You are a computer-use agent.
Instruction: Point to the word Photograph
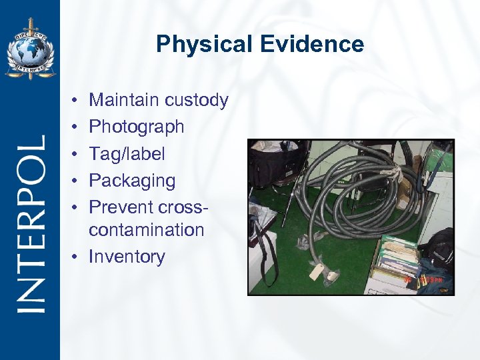[136, 127]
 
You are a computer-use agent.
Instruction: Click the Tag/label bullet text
[127, 154]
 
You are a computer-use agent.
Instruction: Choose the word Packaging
[132, 181]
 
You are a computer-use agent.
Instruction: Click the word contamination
[146, 230]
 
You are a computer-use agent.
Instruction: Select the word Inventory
[127, 257]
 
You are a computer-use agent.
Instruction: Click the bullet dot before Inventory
[79, 257]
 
